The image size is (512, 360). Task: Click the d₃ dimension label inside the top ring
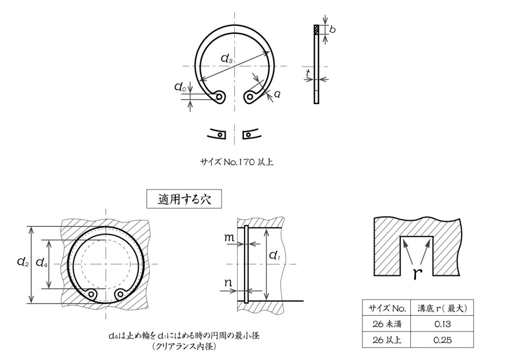(227, 60)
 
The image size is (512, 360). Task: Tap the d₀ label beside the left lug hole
(180, 88)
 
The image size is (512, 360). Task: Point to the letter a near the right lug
(277, 95)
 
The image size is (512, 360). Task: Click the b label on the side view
(332, 30)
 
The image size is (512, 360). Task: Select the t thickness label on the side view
(308, 73)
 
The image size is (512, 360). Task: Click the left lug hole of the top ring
(219, 97)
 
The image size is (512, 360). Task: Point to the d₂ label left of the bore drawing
(23, 262)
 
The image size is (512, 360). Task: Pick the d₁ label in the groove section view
(274, 255)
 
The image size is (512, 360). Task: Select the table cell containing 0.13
(442, 324)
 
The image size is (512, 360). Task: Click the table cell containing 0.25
(442, 340)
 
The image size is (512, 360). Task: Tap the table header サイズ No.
(386, 308)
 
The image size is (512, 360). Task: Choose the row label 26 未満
(386, 324)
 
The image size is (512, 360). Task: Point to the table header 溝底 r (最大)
(442, 308)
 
